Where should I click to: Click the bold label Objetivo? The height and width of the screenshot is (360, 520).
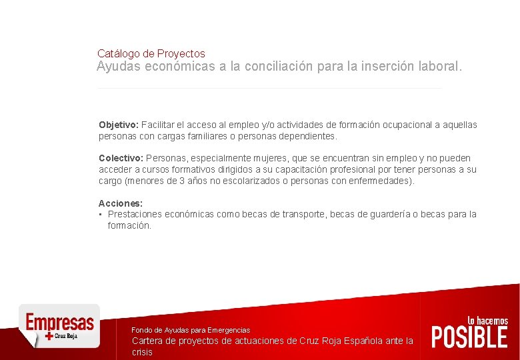pyautogui.click(x=118, y=125)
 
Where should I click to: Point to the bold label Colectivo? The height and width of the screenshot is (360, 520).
pyautogui.click(x=121, y=159)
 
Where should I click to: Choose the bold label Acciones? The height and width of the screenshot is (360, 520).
pyautogui.click(x=121, y=203)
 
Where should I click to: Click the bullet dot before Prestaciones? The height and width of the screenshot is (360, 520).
pyautogui.click(x=101, y=215)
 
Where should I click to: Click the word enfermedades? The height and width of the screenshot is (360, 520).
pyautogui.click(x=383, y=181)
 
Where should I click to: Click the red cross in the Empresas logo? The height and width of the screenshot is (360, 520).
pyautogui.click(x=49, y=337)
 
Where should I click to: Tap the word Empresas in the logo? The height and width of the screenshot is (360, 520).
pyautogui.click(x=59, y=323)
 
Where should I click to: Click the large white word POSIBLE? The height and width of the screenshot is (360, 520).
pyautogui.click(x=469, y=337)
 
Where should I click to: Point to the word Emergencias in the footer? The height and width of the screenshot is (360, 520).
pyautogui.click(x=229, y=330)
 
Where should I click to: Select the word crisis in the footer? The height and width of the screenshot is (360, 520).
pyautogui.click(x=142, y=352)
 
